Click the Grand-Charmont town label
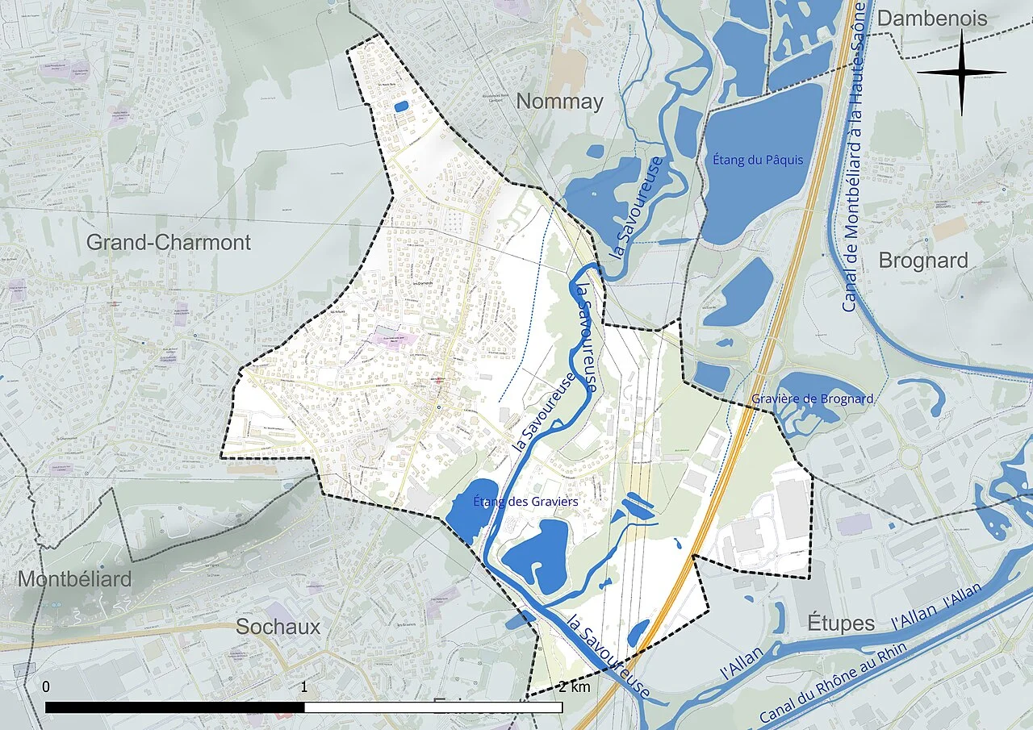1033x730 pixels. coord(169,242)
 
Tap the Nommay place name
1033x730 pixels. coord(559,102)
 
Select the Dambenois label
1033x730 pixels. coord(932,19)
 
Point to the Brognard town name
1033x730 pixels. coord(922,261)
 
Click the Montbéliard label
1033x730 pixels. coord(74,579)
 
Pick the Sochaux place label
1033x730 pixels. coord(278,627)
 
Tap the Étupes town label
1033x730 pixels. coord(841,624)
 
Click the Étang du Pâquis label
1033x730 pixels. coord(758,160)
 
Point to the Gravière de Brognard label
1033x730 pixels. coord(812,398)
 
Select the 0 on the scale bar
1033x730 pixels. coord(46,687)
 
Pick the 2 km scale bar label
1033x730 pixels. coord(573,687)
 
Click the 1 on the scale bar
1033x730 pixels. coord(303,687)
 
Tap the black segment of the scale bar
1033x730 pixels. coord(174,707)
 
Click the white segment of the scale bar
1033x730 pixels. coord(433,707)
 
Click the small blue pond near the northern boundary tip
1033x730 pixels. coord(400,106)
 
